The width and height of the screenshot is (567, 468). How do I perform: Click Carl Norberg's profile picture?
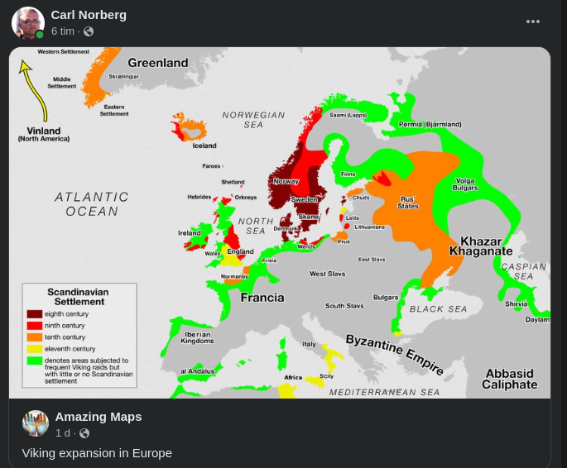tap(27, 22)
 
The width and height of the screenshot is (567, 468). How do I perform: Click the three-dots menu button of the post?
tap(533, 21)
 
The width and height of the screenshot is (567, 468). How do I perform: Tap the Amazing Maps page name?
tap(99, 417)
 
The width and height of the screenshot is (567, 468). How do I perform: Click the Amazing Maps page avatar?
tap(36, 423)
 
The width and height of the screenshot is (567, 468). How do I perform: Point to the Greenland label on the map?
tap(157, 63)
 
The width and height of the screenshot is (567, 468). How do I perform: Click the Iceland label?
tap(204, 146)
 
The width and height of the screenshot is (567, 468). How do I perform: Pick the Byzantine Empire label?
tap(394, 354)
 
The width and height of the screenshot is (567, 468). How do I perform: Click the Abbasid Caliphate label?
tap(510, 379)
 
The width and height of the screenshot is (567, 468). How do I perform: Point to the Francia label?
tap(262, 298)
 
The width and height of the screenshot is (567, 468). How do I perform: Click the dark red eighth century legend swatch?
tap(35, 314)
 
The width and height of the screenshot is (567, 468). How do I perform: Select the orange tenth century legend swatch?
tap(35, 337)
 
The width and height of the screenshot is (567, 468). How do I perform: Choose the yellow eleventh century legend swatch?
tap(35, 349)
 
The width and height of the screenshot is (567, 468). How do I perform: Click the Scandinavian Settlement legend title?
tap(78, 297)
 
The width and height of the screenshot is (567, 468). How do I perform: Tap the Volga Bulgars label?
tap(465, 184)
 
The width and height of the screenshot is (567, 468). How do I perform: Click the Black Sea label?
tap(438, 309)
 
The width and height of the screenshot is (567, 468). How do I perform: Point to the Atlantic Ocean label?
tap(92, 204)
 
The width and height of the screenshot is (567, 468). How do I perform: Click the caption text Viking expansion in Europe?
tap(97, 453)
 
